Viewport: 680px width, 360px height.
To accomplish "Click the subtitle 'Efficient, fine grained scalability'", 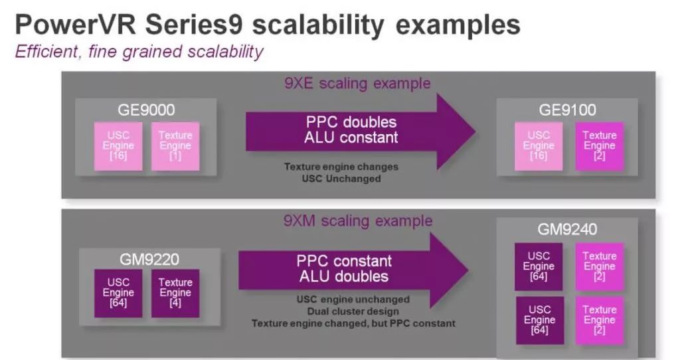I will [139, 52].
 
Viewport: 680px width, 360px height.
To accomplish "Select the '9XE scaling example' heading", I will [357, 83].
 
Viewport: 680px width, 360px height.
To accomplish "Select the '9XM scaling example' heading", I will [357, 221].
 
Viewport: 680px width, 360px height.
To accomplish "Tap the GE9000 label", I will [146, 110].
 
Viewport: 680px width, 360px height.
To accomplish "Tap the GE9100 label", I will [568, 110].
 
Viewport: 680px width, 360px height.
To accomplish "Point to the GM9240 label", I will [568, 230].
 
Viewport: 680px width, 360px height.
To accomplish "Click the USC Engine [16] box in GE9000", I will [118, 146].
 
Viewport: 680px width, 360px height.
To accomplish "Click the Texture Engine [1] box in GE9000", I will [175, 146].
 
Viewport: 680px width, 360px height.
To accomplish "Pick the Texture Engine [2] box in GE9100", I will [599, 146].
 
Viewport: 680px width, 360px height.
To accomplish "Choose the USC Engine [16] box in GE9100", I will [539, 146].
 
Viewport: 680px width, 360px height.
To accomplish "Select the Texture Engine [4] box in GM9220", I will [175, 293].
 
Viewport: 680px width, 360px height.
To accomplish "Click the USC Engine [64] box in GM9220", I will [118, 293].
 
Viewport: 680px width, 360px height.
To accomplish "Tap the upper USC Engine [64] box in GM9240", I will [539, 266].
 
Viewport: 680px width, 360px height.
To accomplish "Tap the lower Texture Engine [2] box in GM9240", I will [599, 320].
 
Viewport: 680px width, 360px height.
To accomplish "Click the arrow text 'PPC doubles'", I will [351, 123].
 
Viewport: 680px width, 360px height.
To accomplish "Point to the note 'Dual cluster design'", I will [353, 312].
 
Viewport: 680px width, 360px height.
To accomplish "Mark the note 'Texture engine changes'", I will [341, 167].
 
